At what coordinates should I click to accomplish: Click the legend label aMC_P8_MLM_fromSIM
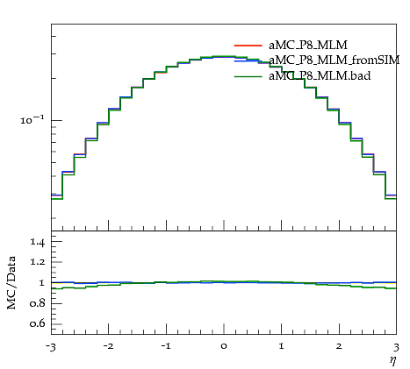pos(334,60)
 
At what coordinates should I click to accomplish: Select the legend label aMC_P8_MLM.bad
pos(320,75)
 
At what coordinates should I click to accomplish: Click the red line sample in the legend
pos(248,46)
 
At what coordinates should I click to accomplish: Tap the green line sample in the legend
pos(248,76)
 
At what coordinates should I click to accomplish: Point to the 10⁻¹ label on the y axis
pos(32,120)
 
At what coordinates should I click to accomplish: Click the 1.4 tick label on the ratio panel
pos(38,242)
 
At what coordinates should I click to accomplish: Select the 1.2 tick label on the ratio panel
pos(38,261)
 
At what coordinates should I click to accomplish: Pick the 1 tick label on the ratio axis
pos(42,282)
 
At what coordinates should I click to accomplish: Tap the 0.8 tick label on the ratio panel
pos(38,303)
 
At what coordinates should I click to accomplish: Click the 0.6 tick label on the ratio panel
pos(38,323)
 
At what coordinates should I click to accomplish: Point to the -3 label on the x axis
pos(51,347)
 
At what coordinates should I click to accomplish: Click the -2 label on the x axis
pos(108,346)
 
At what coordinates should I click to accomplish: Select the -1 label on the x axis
pos(166,346)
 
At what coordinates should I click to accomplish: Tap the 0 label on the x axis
pos(224,346)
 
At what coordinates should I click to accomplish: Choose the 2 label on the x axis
pos(339,346)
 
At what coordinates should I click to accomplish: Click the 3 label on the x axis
pos(396,347)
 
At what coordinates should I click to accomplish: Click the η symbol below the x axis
pos(392,361)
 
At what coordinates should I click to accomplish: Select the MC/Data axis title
pos(11,282)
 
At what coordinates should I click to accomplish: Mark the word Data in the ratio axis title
pos(11,266)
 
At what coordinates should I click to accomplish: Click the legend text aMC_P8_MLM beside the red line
pos(308,45)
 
